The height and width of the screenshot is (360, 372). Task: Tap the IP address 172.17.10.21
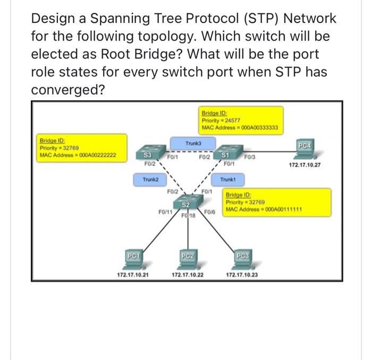133,275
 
